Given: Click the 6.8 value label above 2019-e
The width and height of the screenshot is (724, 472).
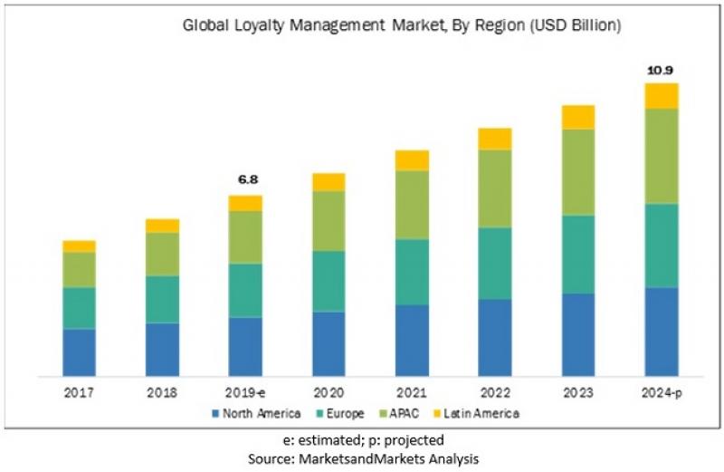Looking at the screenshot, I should click(245, 180).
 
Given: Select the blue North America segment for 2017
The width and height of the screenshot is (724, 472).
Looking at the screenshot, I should click(79, 352).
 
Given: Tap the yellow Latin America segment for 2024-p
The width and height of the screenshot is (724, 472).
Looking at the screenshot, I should click(662, 96).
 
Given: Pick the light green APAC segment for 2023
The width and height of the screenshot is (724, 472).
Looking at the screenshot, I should click(578, 172).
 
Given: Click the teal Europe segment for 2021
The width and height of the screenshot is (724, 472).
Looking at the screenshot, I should click(412, 272).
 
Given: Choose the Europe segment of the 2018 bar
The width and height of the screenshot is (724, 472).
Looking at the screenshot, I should click(162, 299).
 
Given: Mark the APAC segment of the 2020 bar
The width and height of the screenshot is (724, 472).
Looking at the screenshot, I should click(329, 221).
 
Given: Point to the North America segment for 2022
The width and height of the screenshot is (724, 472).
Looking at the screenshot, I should click(495, 337).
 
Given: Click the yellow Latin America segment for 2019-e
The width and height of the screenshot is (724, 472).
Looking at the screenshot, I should click(245, 203).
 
